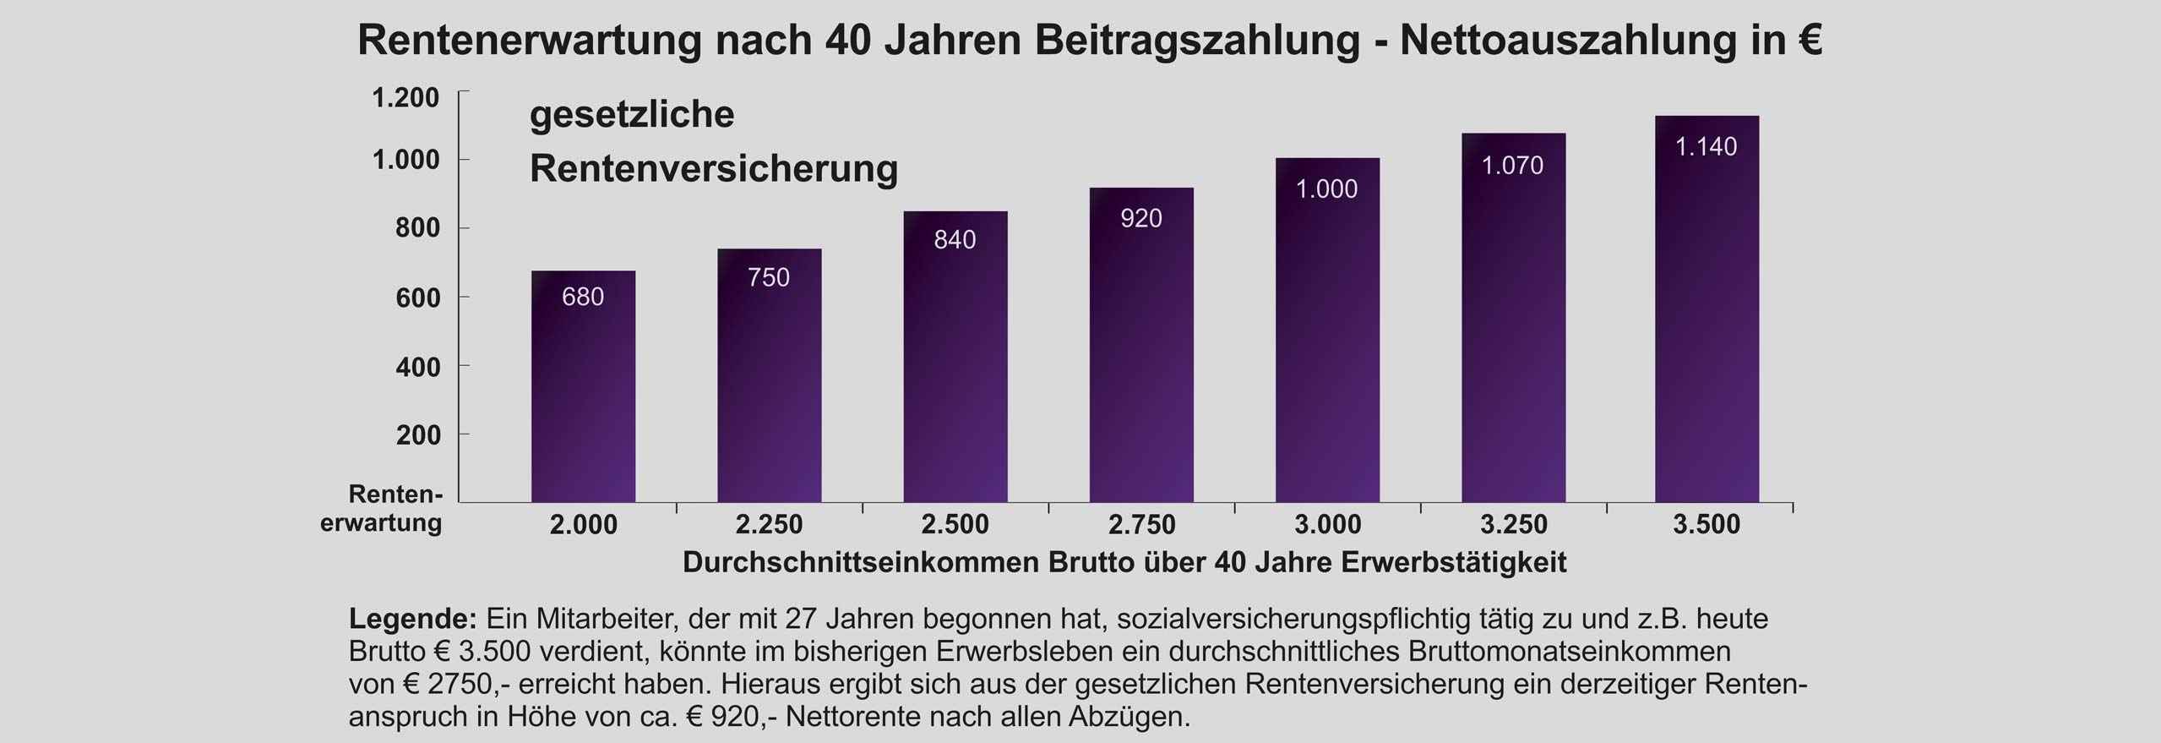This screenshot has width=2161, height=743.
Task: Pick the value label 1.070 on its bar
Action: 1512,166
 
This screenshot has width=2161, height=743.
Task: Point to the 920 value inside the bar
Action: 1140,219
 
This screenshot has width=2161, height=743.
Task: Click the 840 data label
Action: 955,240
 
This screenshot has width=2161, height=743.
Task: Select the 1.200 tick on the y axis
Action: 406,98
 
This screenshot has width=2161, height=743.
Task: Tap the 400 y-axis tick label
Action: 418,367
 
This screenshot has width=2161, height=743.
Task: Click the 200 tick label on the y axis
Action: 418,435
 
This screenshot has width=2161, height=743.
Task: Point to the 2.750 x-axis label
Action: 1141,525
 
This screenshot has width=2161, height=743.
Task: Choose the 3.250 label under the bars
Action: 1513,525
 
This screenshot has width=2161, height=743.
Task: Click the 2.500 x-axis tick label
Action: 955,525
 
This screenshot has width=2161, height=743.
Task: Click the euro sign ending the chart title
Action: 1809,41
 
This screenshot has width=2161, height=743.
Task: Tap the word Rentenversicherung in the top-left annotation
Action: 713,168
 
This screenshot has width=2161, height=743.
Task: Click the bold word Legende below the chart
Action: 412,619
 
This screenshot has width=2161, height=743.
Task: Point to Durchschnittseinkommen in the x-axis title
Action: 861,563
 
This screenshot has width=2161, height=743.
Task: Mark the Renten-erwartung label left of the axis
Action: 382,508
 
